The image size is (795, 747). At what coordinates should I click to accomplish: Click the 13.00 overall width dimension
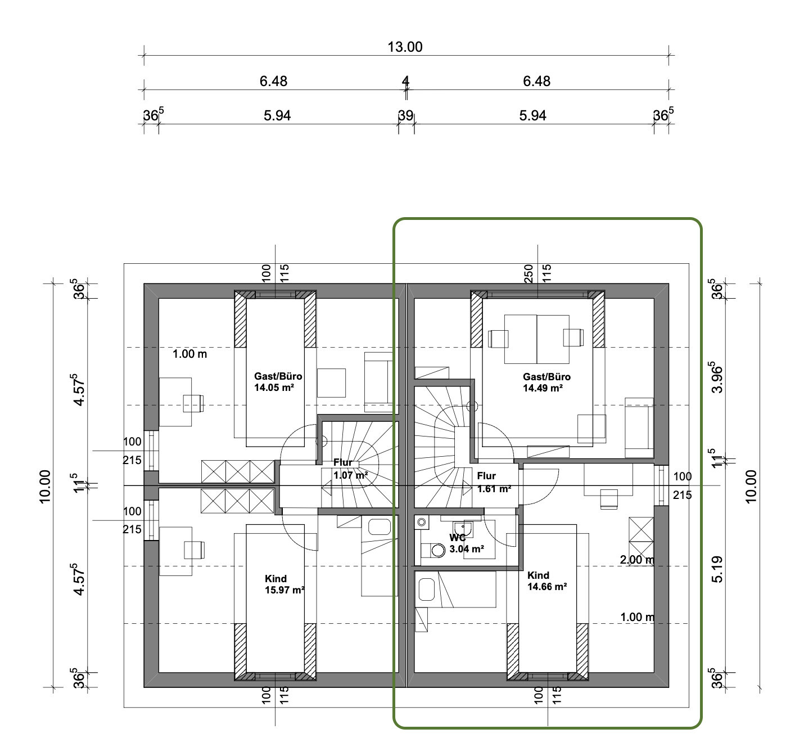[x=405, y=47]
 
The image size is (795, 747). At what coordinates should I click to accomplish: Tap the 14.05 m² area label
[x=274, y=388]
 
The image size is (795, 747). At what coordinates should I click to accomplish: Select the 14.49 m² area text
[x=543, y=388]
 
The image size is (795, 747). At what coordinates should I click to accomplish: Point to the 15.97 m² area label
[x=284, y=591]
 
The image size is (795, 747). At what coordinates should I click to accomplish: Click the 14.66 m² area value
[x=547, y=587]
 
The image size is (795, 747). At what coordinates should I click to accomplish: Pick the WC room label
[x=458, y=538]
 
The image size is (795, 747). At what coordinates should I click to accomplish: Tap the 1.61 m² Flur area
[x=494, y=489]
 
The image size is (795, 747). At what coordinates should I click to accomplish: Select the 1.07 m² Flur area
[x=351, y=475]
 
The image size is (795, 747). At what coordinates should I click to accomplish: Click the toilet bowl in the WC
[x=438, y=550]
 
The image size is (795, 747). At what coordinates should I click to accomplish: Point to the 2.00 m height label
[x=637, y=560]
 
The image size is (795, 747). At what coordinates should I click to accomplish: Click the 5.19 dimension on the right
[x=718, y=569]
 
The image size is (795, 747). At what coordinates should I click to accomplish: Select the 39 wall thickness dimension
[x=405, y=116]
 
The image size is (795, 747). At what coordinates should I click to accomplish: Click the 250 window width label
[x=529, y=273]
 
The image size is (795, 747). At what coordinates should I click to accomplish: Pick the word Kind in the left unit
[x=276, y=579]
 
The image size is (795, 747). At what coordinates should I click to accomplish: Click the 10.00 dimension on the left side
[x=45, y=487]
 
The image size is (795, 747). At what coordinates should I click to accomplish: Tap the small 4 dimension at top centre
[x=405, y=82]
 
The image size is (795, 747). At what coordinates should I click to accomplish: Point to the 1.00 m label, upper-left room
[x=189, y=354]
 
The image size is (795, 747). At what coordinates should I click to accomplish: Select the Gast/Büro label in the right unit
[x=547, y=377]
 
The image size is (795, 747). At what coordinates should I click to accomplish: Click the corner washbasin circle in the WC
[x=421, y=523]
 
